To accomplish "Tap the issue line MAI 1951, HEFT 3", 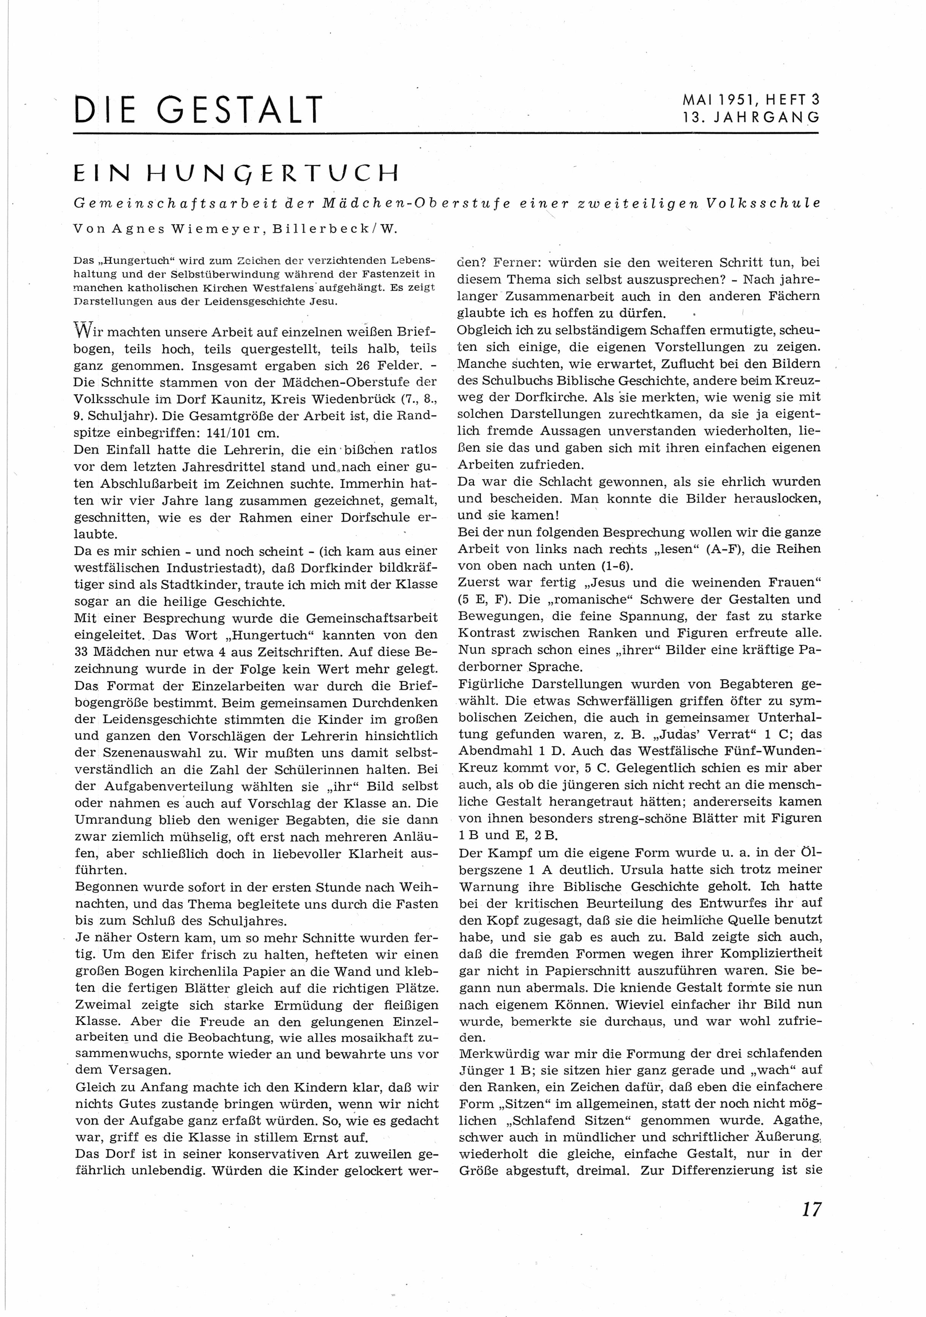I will point(751,99).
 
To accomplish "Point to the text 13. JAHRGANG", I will point(751,118).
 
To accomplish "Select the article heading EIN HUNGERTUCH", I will point(236,173).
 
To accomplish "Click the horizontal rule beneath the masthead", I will point(446,134).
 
